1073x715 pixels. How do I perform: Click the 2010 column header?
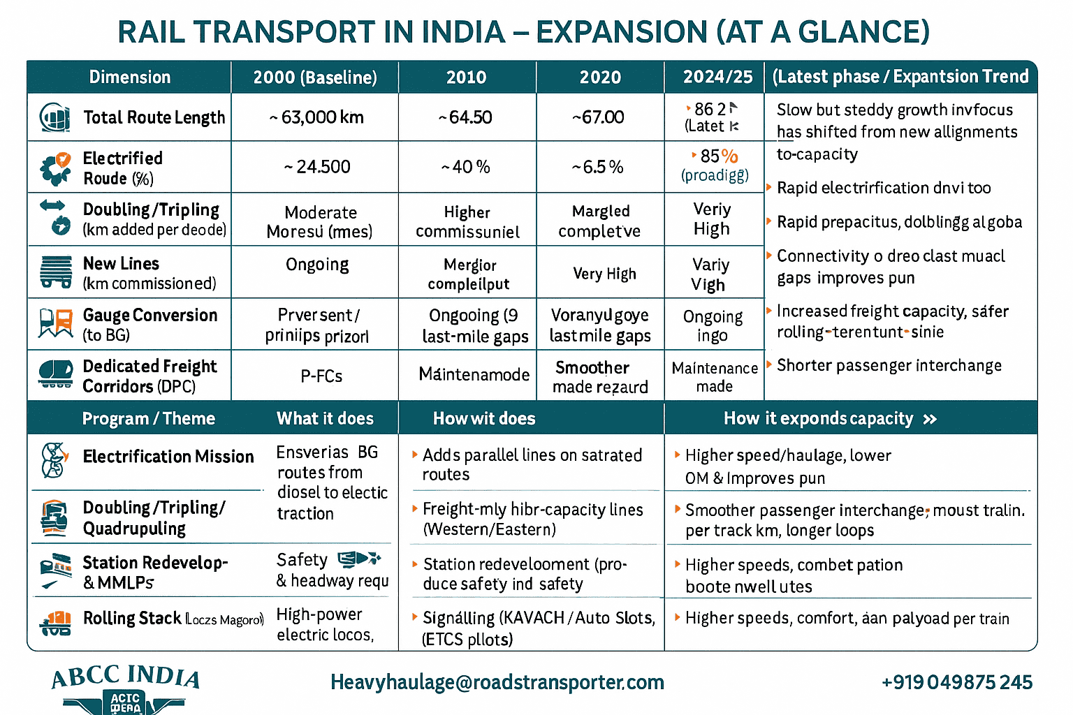(x=466, y=78)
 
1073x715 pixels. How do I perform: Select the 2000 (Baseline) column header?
(x=315, y=78)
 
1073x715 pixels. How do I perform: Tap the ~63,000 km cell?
(x=316, y=117)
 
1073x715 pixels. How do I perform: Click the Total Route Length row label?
(x=154, y=117)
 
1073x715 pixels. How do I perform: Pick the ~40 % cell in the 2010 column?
(x=466, y=167)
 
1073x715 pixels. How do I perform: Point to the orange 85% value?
(x=719, y=156)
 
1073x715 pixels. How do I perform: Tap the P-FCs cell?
(x=321, y=376)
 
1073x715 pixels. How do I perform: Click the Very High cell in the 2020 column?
(x=604, y=274)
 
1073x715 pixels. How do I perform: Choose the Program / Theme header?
(x=148, y=419)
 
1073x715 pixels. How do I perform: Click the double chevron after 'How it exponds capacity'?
(x=930, y=420)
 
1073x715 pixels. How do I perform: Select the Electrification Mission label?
(x=168, y=457)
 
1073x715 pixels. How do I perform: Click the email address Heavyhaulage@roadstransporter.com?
(x=497, y=682)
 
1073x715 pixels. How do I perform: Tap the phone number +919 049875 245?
(x=956, y=682)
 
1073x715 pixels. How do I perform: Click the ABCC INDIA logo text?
(x=126, y=677)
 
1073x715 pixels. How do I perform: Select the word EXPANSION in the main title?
(x=621, y=32)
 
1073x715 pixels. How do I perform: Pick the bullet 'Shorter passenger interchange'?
(x=889, y=365)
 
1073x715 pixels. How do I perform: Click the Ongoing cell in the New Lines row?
(x=317, y=265)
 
